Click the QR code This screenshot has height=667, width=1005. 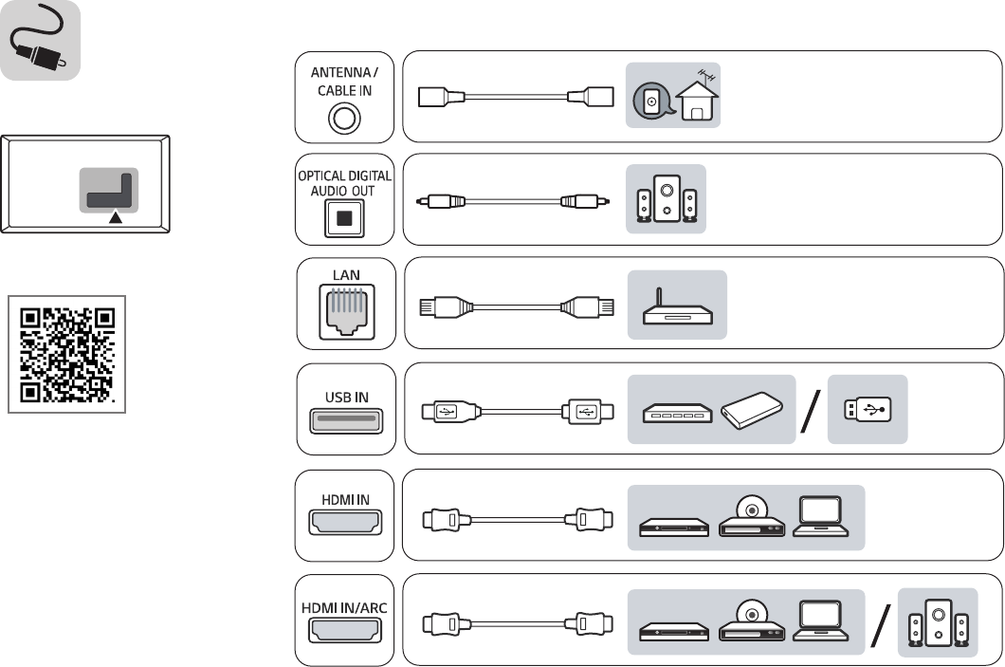[66, 354]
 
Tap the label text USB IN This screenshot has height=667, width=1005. [344, 398]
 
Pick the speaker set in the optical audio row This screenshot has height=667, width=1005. [667, 199]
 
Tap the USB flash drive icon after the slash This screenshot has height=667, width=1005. [867, 411]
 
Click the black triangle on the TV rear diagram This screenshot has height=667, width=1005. [116, 217]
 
